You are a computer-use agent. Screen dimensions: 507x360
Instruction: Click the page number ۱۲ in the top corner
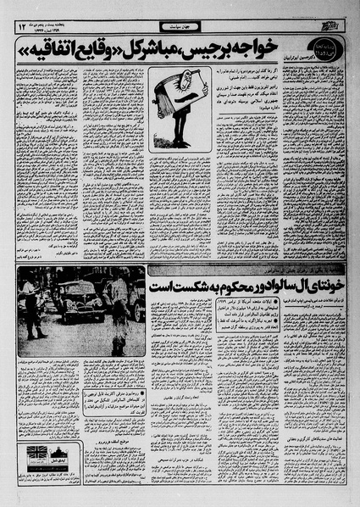(19, 28)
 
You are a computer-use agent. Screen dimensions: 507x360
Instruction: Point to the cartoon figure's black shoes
(181, 142)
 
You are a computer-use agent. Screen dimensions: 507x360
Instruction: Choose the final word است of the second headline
(158, 288)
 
